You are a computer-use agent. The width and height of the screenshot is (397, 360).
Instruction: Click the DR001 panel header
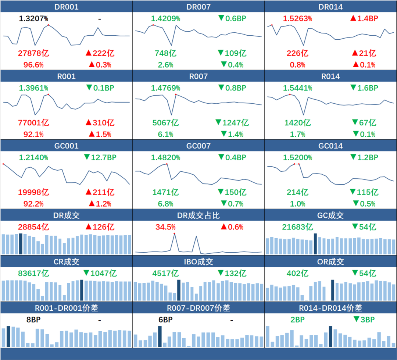(66, 7)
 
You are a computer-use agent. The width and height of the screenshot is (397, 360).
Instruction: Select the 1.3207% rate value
(33, 18)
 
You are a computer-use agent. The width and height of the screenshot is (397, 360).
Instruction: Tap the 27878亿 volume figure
(33, 53)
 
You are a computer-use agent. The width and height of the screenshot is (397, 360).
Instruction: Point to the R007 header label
(198, 76)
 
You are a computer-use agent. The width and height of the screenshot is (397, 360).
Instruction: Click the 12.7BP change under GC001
(100, 157)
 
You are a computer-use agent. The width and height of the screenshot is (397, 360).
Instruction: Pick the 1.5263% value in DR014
(298, 18)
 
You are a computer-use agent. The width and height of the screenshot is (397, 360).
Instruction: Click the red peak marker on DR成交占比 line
(174, 234)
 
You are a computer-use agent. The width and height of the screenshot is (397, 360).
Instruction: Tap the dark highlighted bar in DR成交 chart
(21, 243)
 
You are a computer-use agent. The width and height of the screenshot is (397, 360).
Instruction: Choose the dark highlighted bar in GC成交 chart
(315, 243)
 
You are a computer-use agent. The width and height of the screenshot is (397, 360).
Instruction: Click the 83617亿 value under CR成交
(33, 274)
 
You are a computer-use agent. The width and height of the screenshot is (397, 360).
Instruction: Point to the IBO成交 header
(198, 262)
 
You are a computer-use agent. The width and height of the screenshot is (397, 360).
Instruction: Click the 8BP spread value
(33, 320)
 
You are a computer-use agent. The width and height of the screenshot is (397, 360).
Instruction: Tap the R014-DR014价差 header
(331, 308)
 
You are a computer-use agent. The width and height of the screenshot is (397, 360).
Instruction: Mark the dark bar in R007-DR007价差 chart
(160, 336)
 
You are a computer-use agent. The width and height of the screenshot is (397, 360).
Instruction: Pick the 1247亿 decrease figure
(236, 122)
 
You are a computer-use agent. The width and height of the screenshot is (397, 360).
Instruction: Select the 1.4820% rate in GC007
(165, 157)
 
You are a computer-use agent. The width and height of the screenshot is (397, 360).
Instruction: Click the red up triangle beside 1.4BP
(353, 18)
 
